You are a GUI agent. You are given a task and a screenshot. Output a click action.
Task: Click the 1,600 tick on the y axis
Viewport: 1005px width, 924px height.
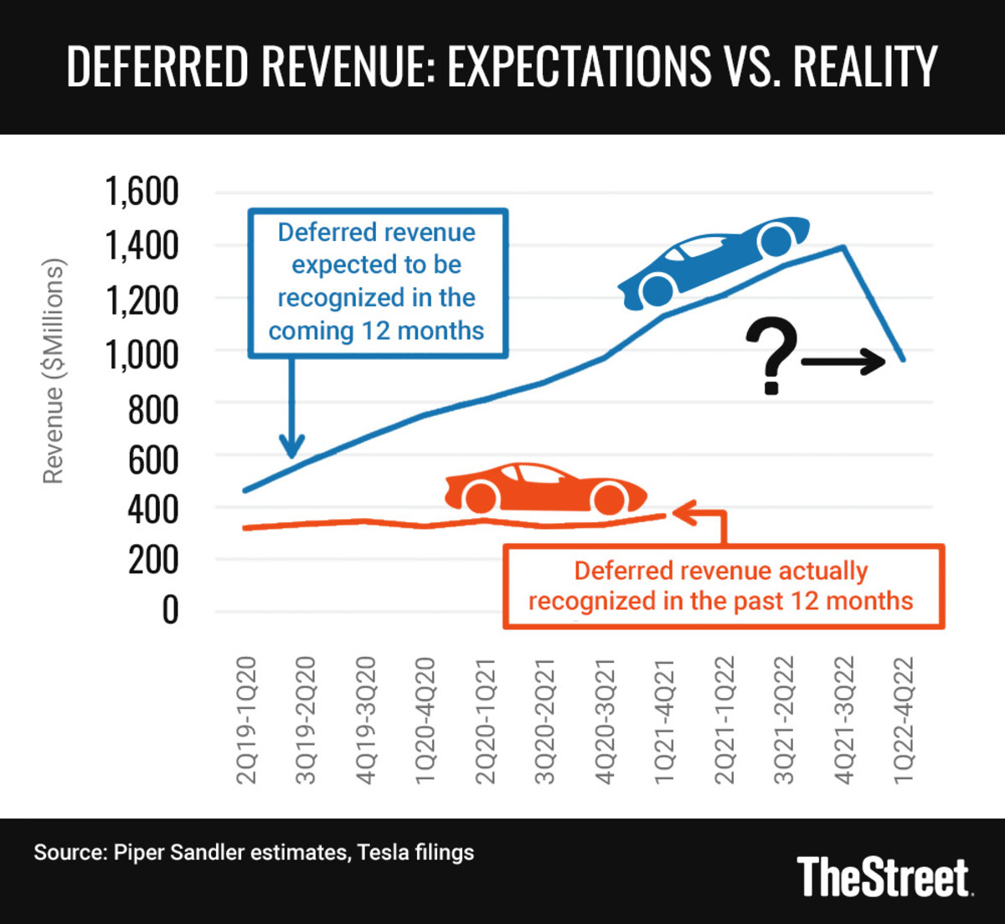tap(142, 192)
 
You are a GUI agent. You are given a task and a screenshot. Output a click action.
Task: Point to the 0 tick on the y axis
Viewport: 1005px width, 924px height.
tap(170, 610)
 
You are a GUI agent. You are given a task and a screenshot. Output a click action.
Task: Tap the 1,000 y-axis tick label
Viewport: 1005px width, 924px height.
tap(142, 354)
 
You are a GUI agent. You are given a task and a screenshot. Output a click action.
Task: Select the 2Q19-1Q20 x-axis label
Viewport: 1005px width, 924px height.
tap(248, 721)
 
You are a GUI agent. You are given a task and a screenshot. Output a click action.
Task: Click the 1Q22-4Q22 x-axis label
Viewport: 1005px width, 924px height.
tap(904, 721)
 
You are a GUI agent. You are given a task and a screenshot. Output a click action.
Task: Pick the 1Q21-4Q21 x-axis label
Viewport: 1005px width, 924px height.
tap(664, 721)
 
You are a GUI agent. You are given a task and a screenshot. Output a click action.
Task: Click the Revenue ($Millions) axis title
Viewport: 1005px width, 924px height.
tap(54, 371)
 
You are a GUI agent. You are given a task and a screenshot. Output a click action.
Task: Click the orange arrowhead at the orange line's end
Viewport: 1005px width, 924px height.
tap(681, 512)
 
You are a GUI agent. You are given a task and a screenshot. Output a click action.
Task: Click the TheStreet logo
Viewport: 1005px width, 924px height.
tap(884, 877)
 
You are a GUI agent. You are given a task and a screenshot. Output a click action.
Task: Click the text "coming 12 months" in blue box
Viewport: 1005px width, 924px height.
tap(376, 331)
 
